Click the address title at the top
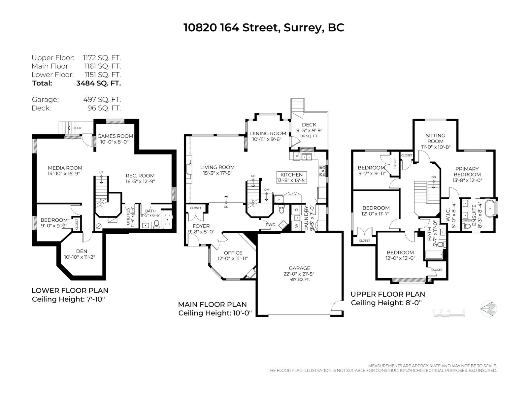click(264, 28)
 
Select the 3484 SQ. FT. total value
click(98, 83)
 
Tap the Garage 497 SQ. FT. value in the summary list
click(102, 99)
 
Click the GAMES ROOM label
click(115, 136)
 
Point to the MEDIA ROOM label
click(65, 168)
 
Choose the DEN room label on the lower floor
click(82, 251)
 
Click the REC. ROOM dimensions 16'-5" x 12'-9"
click(140, 181)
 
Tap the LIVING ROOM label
click(217, 167)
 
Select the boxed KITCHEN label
click(291, 175)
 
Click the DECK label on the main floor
click(309, 125)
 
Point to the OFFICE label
click(233, 253)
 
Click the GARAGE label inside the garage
click(299, 268)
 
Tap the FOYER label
click(201, 226)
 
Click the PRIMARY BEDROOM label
click(467, 172)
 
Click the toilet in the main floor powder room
click(281, 209)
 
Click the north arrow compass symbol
click(489, 309)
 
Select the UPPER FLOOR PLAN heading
click(388, 294)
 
